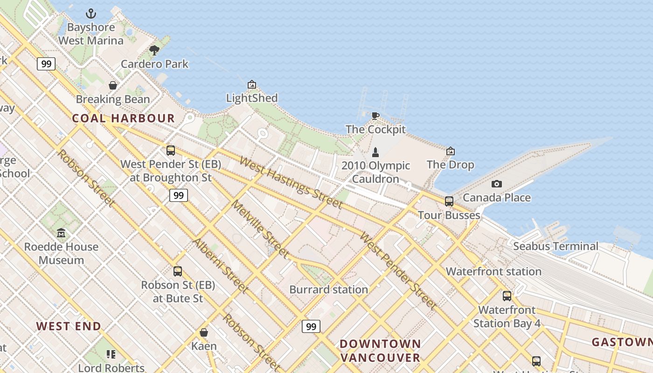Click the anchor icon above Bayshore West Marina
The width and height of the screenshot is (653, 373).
pos(91,14)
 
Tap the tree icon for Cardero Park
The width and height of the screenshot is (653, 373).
pos(154,50)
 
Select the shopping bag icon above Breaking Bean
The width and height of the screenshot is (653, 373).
pos(113,85)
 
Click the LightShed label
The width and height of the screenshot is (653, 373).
pos(252,98)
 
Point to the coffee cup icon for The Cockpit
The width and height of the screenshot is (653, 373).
pos(375,116)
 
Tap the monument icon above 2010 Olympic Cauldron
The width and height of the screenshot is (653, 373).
pos(375,152)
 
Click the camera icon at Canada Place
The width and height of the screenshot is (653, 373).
pos(497,184)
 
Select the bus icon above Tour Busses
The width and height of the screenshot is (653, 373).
pos(449,201)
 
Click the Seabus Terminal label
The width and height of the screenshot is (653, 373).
pos(556,246)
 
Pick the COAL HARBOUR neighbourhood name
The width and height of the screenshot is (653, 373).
pos(124,118)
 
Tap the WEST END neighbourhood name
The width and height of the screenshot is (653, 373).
pos(69,326)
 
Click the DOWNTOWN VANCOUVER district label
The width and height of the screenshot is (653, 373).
pos(380,351)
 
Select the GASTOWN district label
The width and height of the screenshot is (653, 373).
pos(622,342)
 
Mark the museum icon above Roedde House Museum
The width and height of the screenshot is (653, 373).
pos(61,233)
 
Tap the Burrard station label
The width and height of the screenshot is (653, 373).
pos(328,290)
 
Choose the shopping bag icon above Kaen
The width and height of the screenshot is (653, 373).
pos(204,332)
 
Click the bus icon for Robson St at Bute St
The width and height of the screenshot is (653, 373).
pos(178,271)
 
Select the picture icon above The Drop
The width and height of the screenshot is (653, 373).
pos(450,151)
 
